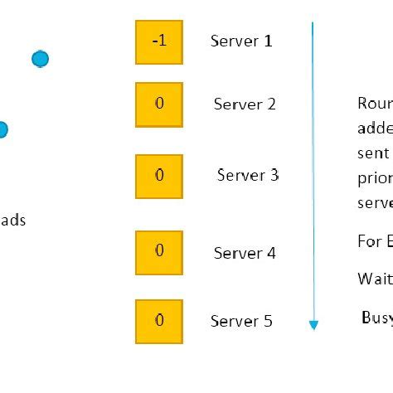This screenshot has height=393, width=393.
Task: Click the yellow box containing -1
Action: pos(159,42)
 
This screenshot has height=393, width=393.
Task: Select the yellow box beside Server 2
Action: pos(159,104)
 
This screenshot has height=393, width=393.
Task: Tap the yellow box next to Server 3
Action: pos(159,176)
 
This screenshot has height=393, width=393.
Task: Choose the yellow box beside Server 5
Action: pos(159,321)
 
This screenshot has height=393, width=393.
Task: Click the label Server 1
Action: pos(241,41)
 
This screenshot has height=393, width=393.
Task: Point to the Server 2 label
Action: pos(245,104)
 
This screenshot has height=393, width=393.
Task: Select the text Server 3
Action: pos(248,175)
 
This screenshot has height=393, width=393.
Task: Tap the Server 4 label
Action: pos(245,253)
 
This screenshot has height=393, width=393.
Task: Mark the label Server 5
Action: pos(241,321)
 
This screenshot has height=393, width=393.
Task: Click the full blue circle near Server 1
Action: pos(40,59)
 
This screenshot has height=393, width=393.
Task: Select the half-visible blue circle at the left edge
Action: pos(2,129)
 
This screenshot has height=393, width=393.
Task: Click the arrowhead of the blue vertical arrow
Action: pos(313,324)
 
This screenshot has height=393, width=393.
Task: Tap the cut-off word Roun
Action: pos(375,104)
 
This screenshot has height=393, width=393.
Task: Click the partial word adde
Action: pos(375,129)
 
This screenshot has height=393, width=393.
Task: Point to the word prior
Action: pos(374,178)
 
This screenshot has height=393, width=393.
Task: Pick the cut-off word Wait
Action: pos(374,279)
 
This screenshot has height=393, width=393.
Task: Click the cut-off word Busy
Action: pos(376,318)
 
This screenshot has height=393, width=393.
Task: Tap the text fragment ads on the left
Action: pos(12,221)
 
